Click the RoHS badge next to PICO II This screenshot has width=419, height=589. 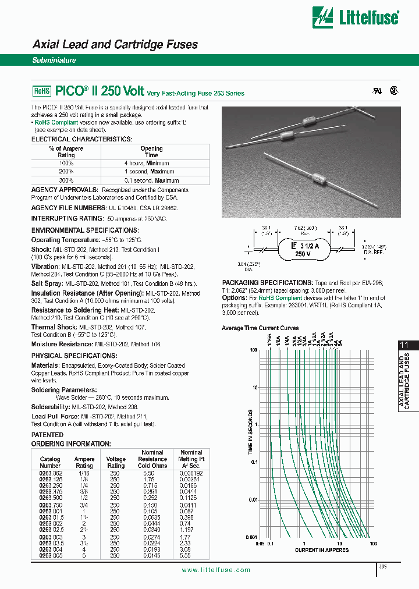(41, 91)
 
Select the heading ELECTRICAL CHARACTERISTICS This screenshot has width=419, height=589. (81, 140)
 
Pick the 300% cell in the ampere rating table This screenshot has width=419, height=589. (66, 180)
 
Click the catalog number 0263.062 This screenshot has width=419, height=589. (49, 474)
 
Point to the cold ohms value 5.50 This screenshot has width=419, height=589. (152, 474)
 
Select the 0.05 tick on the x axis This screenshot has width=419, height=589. (260, 544)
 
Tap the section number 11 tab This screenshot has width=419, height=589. (404, 345)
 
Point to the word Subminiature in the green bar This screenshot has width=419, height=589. (54, 60)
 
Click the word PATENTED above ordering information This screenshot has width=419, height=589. (47, 434)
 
